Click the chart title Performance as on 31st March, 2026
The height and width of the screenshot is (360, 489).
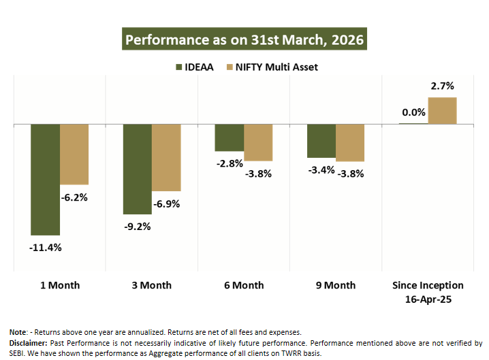click(x=245, y=39)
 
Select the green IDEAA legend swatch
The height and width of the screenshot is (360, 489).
click(x=180, y=67)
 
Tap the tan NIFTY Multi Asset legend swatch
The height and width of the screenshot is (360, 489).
click(x=230, y=67)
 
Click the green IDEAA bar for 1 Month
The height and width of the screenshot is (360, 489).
click(x=45, y=180)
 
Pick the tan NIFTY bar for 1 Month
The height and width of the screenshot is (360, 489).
click(x=74, y=154)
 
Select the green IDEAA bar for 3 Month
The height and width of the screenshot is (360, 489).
click(x=137, y=169)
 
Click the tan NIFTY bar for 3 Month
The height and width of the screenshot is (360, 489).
click(x=166, y=158)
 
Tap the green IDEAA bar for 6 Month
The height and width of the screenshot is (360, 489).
click(x=229, y=137)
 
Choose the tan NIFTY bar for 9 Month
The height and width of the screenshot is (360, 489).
click(x=350, y=143)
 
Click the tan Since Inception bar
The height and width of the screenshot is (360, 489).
click(x=442, y=111)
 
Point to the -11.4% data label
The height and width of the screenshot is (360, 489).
click(x=45, y=247)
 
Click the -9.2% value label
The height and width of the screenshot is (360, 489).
click(x=137, y=227)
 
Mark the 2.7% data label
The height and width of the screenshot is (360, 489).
click(x=442, y=86)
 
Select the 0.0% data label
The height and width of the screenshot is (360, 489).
click(x=413, y=112)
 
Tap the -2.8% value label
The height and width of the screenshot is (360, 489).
click(x=230, y=163)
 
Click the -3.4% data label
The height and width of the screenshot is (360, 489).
click(x=321, y=169)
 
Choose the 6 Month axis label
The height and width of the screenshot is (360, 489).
click(x=243, y=285)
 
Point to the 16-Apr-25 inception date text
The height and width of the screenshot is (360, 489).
click(x=428, y=297)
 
